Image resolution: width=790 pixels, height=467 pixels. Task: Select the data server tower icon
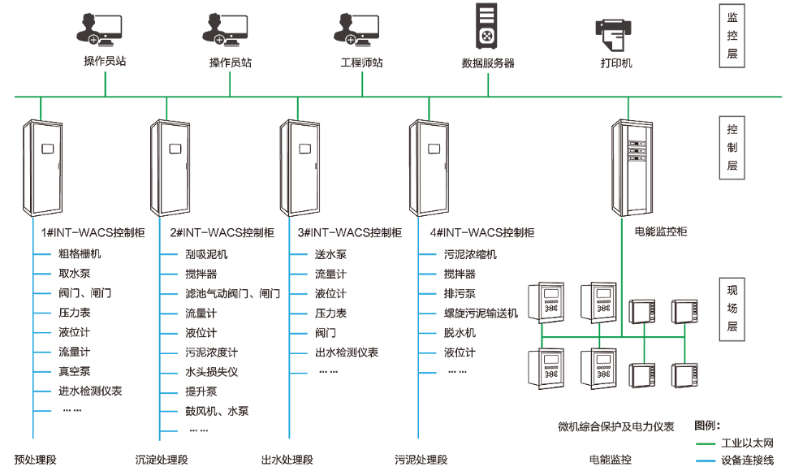(x=487, y=28)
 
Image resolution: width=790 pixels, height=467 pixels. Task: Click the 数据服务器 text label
(x=488, y=63)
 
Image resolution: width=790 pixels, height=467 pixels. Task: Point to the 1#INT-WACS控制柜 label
(x=93, y=232)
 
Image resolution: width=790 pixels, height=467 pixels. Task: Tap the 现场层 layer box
(x=732, y=308)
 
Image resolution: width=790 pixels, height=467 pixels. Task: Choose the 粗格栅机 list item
(x=80, y=254)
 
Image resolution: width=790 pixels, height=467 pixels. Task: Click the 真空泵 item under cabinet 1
(x=74, y=371)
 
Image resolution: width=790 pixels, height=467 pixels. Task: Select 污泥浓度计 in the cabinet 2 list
(x=211, y=352)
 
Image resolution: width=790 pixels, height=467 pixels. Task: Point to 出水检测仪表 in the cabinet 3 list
(x=347, y=352)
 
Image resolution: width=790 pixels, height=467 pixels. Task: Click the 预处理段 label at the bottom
(x=35, y=460)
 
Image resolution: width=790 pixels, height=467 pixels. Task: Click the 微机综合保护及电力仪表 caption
(x=615, y=426)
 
